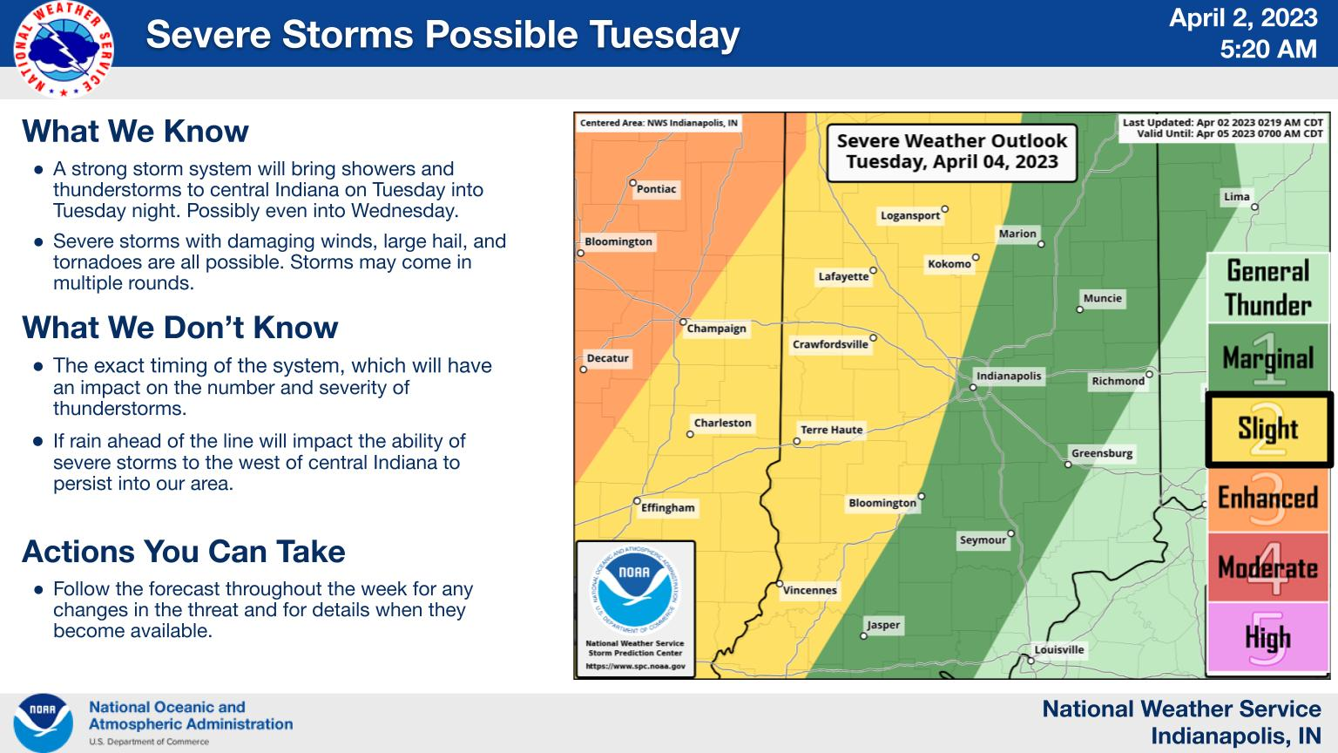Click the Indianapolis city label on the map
point(1008,376)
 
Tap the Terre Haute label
point(832,430)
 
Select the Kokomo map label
point(949,264)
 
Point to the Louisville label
point(1059,649)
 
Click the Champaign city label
point(716,329)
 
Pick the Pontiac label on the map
point(656,189)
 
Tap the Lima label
point(1236,197)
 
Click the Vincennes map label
point(809,590)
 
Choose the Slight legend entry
point(1268,429)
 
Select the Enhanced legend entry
point(1267,499)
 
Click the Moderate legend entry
point(1267,566)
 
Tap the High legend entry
point(1267,637)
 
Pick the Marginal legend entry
point(1267,357)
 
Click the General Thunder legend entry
point(1267,288)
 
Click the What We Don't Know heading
point(179,328)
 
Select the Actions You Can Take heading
point(184,551)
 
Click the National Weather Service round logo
point(64,49)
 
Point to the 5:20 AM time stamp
point(1268,49)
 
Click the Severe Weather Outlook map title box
point(951,152)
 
